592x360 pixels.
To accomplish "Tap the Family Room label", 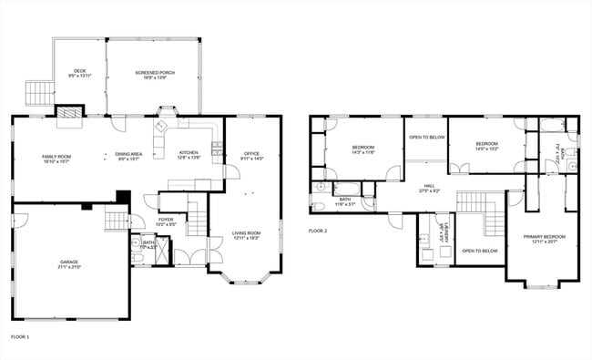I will pos(56,159).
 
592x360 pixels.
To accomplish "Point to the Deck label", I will pos(79,74).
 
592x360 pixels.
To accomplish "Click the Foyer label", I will pos(166,221).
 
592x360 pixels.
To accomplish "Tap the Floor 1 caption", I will pos(20,337).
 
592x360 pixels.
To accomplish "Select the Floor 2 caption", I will pos(318,231).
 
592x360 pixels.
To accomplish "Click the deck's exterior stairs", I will pos(37,91).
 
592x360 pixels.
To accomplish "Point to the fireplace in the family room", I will pos(68,111).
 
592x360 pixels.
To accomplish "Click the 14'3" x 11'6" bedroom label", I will pos(363,149).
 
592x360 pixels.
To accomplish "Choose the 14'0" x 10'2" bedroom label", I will pos(486,145).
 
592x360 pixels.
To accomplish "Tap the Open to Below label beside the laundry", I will pos(479,251).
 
